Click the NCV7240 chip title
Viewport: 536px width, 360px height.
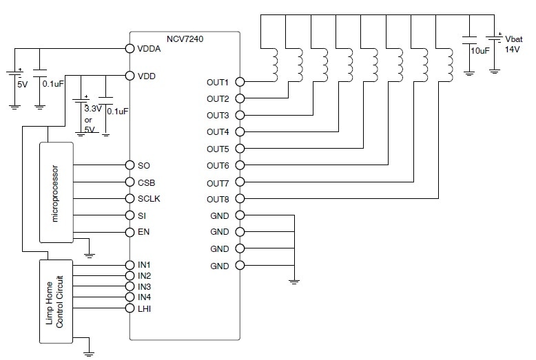(x=185, y=39)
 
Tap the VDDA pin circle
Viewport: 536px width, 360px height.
(x=130, y=48)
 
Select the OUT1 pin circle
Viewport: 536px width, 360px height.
(x=240, y=82)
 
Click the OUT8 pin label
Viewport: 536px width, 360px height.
(x=218, y=199)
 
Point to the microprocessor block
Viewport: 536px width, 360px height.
(x=56, y=193)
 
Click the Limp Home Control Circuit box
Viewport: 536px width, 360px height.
(x=56, y=301)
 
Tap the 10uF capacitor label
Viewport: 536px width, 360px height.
(x=480, y=51)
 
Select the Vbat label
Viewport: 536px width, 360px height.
(x=513, y=39)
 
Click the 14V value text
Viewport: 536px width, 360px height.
(x=512, y=50)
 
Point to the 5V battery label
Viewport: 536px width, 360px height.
(x=22, y=84)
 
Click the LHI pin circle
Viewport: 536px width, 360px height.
(x=130, y=308)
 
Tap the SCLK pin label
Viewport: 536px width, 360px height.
(x=149, y=199)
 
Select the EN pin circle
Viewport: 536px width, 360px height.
(x=130, y=232)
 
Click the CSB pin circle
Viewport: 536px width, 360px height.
(x=130, y=182)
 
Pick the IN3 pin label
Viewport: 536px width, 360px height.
(x=144, y=286)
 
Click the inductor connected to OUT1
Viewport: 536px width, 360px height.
(x=274, y=65)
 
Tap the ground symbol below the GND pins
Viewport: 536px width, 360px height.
(x=294, y=282)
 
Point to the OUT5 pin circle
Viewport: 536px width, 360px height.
(x=240, y=149)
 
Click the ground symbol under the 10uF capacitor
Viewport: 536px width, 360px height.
(x=469, y=74)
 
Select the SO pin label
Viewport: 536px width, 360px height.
(x=143, y=166)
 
